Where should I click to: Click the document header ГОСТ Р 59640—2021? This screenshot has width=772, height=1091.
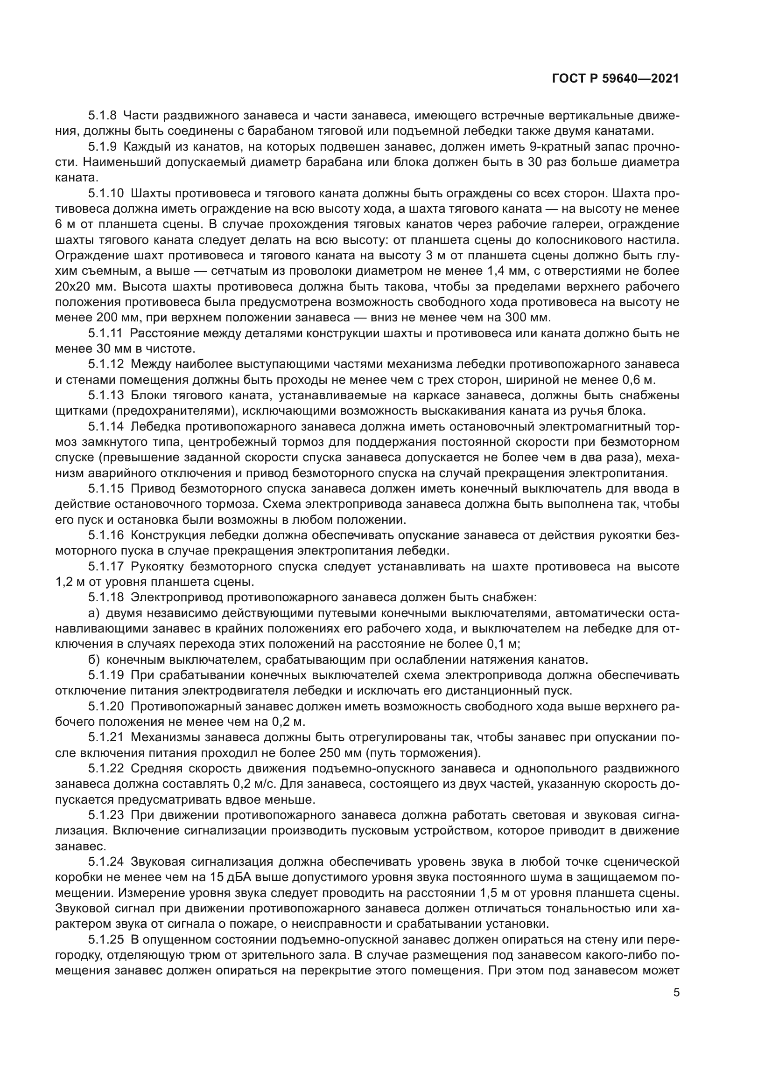(615, 79)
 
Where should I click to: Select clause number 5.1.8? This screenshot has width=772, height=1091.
(102, 116)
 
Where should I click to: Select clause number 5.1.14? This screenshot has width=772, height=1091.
(106, 427)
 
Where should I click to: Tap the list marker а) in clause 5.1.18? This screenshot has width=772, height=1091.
(94, 613)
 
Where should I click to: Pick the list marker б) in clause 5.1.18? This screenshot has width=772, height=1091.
(94, 660)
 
